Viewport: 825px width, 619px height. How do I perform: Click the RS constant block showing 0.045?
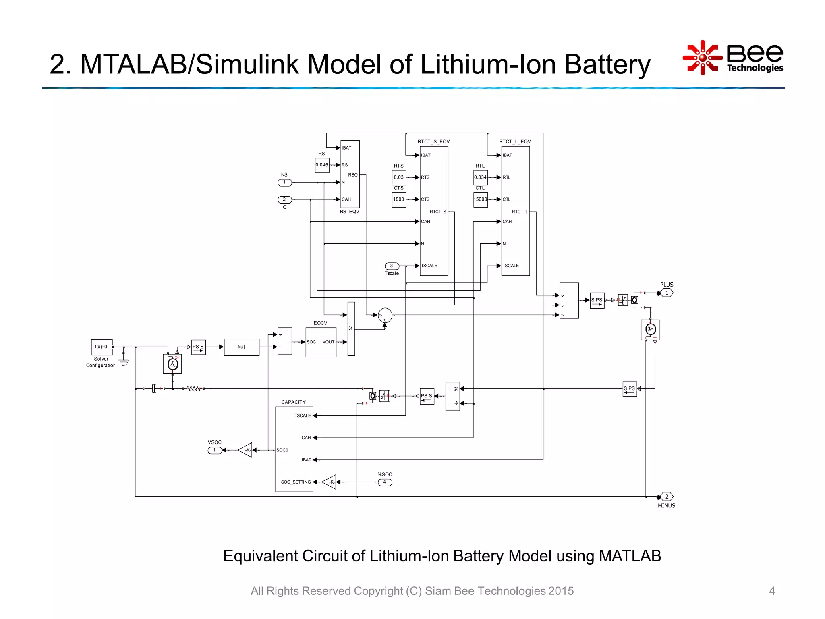coord(322,165)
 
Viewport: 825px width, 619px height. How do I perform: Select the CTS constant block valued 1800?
coord(399,199)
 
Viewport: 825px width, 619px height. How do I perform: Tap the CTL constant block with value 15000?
coord(481,199)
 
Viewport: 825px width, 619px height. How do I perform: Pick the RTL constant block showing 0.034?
coord(481,177)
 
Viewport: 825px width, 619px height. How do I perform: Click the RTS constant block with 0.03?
coord(399,177)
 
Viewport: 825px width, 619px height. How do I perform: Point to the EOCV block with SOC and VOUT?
coord(321,342)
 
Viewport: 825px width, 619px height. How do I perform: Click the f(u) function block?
coord(241,347)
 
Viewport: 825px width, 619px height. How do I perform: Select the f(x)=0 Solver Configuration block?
coord(102,347)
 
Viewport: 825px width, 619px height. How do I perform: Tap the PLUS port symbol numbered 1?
coord(667,293)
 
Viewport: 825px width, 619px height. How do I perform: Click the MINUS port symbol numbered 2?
coord(667,496)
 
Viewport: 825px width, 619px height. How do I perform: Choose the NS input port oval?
coord(284,183)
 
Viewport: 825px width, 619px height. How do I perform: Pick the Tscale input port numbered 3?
coord(392,266)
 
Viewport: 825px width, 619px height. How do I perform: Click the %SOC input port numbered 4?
coord(385,482)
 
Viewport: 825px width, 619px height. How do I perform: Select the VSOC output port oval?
coord(215,450)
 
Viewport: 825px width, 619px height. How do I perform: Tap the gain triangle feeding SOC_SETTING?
coord(330,482)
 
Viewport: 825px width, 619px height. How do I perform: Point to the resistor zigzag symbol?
coord(193,388)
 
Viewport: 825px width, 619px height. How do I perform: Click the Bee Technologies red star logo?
coord(702,58)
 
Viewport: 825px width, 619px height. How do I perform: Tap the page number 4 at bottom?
coord(772,591)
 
